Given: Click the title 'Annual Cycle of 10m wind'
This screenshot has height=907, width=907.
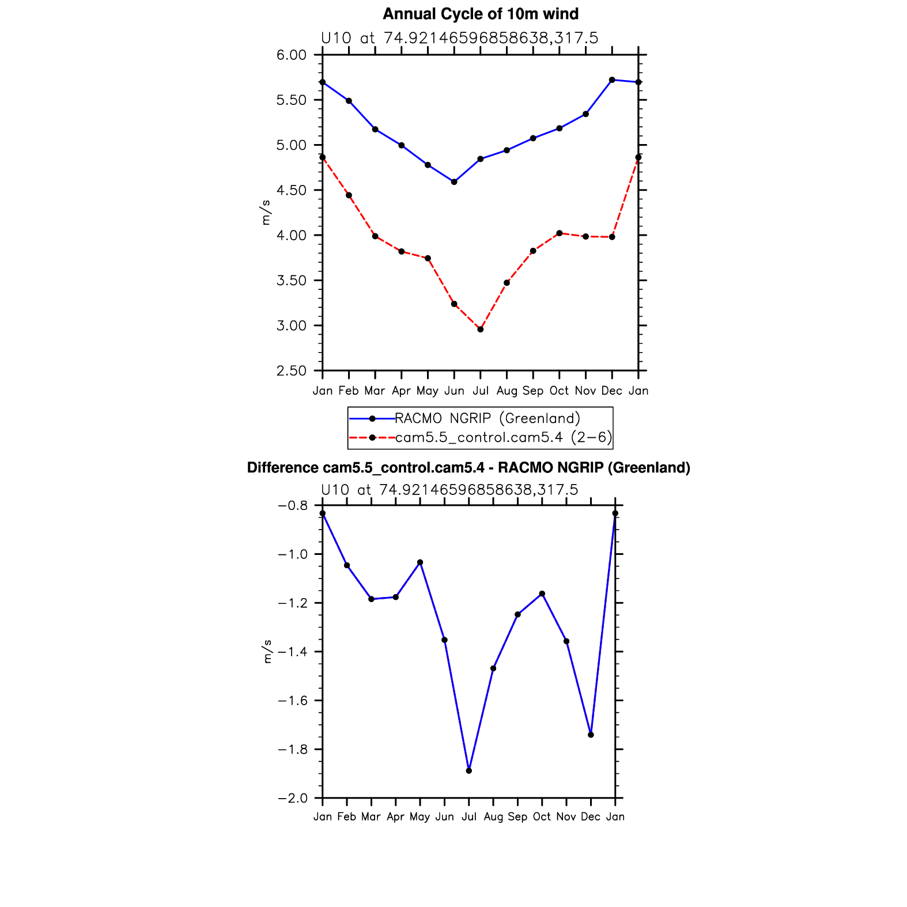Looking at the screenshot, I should pyautogui.click(x=481, y=14).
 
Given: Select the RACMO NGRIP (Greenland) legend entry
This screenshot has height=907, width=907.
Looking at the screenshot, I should pyautogui.click(x=487, y=418).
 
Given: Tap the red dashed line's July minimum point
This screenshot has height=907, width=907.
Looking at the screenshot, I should pyautogui.click(x=481, y=330).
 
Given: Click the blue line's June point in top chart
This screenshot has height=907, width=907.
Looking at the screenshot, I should pyautogui.click(x=454, y=182).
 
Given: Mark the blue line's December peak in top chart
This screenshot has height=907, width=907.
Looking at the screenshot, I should pyautogui.click(x=612, y=80).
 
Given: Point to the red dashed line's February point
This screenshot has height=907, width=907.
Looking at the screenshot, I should pyautogui.click(x=349, y=195).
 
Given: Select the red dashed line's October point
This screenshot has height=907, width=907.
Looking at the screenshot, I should pyautogui.click(x=559, y=233).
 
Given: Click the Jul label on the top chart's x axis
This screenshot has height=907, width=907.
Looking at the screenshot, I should pyautogui.click(x=481, y=391).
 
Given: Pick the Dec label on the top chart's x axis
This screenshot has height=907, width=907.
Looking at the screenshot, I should pyautogui.click(x=611, y=391).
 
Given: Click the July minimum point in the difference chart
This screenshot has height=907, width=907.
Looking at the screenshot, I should pyautogui.click(x=469, y=770).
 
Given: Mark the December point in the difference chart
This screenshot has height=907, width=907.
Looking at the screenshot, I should pyautogui.click(x=591, y=735).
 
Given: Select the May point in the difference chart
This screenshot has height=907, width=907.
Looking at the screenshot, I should pyautogui.click(x=420, y=562).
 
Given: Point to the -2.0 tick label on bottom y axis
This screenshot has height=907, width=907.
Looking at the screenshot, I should pyautogui.click(x=293, y=799).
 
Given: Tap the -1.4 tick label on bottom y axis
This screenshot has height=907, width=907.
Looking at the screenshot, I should pyautogui.click(x=293, y=652).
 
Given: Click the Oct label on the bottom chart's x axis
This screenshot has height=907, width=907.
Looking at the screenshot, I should pyautogui.click(x=542, y=817).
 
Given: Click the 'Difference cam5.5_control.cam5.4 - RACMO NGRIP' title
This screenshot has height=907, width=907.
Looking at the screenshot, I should pyautogui.click(x=468, y=468).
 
